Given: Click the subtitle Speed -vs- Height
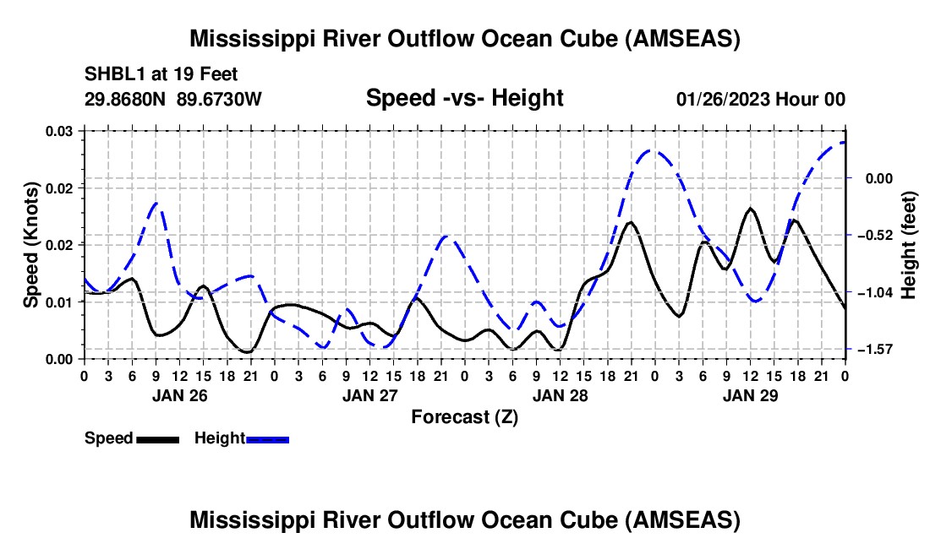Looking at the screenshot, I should [464, 99].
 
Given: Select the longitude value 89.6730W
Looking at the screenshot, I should [219, 100].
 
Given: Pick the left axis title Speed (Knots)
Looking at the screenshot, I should [30, 244].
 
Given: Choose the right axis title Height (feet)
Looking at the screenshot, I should [909, 244].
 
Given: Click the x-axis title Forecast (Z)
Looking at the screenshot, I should [464, 416].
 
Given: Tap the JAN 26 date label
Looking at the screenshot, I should [178, 395].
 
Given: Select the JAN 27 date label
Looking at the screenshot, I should [369, 395].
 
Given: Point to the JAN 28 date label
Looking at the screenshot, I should [560, 395].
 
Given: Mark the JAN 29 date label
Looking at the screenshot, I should [750, 395].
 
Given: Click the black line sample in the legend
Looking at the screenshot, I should [157, 439].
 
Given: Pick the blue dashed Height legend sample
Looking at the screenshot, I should [268, 439].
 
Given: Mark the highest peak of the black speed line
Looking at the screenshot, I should [750, 208].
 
